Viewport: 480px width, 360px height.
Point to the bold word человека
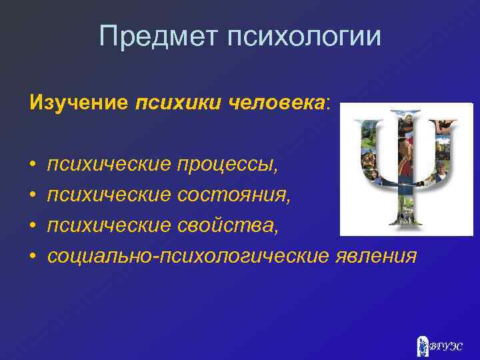pos(277,104)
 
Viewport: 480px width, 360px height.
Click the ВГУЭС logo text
pos(444,345)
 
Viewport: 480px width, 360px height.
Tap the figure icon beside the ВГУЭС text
pos(421,345)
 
